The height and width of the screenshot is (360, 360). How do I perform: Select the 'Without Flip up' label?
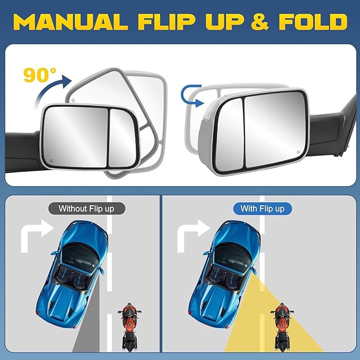(86, 208)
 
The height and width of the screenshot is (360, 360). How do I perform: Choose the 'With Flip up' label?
(262, 208)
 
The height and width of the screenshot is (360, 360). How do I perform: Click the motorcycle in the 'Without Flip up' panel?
(128, 326)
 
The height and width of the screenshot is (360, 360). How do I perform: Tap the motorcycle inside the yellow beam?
(282, 326)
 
